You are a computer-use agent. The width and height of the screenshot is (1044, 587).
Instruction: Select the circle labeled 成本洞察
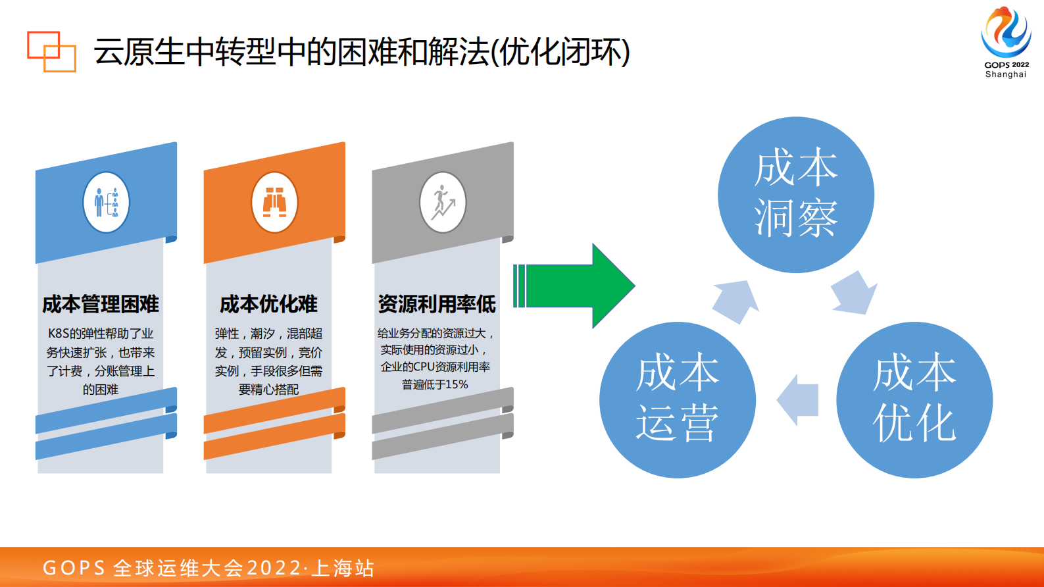pyautogui.click(x=795, y=195)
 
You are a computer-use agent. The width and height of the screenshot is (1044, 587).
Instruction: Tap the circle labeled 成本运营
pyautogui.click(x=677, y=399)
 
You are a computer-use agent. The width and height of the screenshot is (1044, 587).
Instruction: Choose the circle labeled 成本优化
pyautogui.click(x=914, y=399)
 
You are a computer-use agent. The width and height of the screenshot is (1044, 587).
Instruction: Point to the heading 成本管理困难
pyautogui.click(x=101, y=304)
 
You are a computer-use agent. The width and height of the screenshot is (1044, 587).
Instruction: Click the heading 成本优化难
pyautogui.click(x=268, y=304)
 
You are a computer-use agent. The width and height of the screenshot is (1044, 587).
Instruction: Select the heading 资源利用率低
pyautogui.click(x=437, y=304)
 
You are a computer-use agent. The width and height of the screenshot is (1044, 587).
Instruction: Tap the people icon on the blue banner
pyautogui.click(x=107, y=203)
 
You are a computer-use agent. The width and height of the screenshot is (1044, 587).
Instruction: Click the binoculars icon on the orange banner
pyautogui.click(x=274, y=203)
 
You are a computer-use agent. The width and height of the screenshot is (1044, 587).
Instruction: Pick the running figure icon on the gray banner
pyautogui.click(x=443, y=203)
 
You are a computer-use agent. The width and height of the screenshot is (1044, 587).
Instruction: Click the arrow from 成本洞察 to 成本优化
pyautogui.click(x=853, y=293)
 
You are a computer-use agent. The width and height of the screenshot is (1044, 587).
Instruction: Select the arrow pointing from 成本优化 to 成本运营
pyautogui.click(x=797, y=399)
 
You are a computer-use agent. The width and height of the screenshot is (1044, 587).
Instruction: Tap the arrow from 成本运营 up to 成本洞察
pyautogui.click(x=736, y=301)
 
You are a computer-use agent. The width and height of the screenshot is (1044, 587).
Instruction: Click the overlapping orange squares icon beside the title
pyautogui.click(x=51, y=51)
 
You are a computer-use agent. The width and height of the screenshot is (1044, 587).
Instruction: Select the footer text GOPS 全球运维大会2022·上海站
pyautogui.click(x=209, y=568)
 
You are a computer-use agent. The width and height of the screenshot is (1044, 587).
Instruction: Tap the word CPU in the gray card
pyautogui.click(x=424, y=367)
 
